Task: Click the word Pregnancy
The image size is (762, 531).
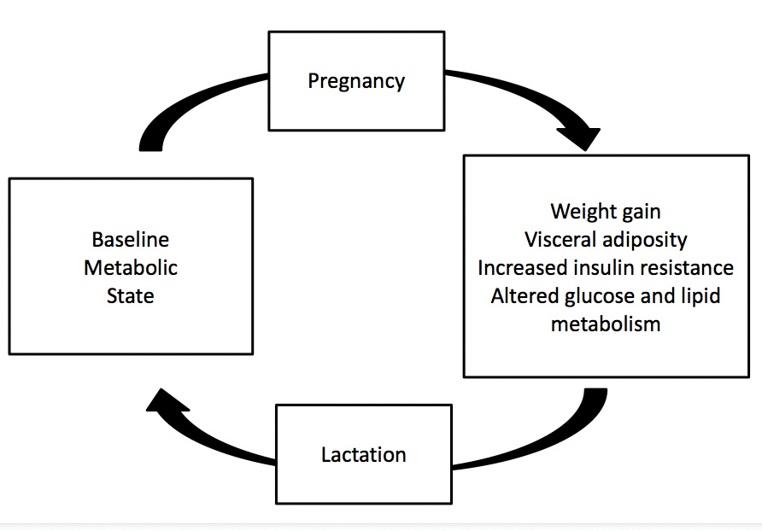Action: [356, 81]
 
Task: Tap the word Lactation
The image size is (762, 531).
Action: [363, 454]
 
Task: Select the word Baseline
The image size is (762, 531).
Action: [131, 239]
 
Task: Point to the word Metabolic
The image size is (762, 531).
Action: [131, 267]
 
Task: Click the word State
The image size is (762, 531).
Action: [131, 295]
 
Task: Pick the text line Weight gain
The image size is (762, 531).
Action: [606, 211]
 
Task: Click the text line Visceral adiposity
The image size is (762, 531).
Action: [606, 239]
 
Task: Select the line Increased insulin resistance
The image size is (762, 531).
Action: [606, 267]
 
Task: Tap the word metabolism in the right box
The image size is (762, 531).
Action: [606, 324]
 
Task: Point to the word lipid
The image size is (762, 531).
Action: [700, 296]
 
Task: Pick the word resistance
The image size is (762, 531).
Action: [691, 267]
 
